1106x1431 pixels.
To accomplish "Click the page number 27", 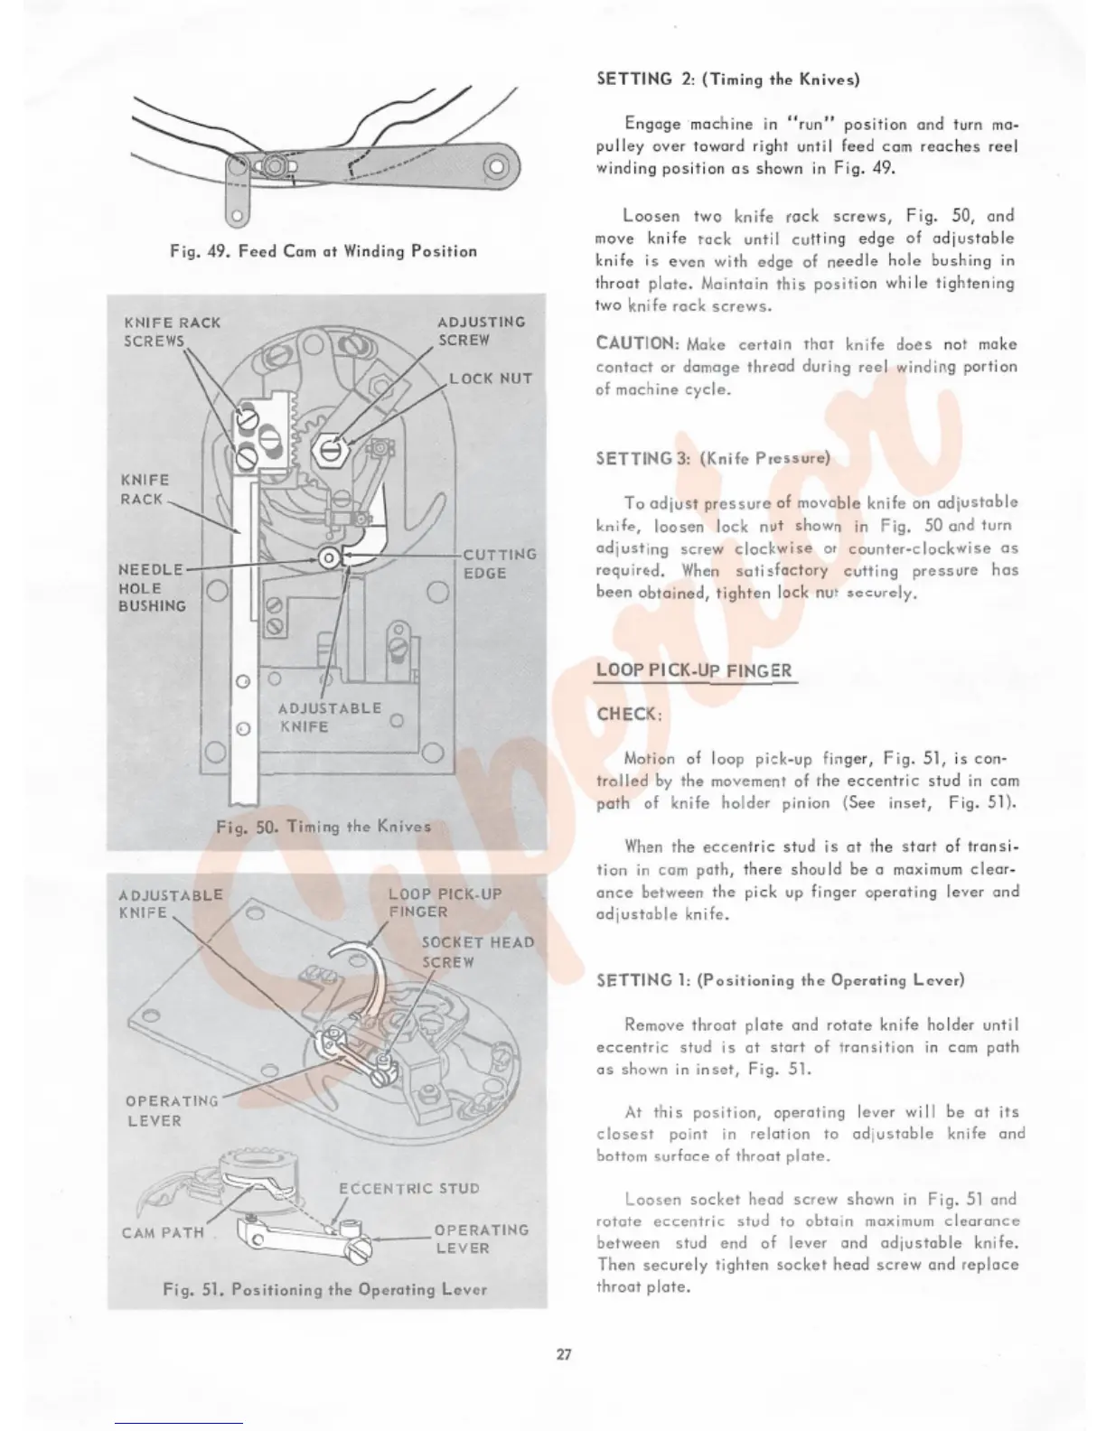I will (564, 1354).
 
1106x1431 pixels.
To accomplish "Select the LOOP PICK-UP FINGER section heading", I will (693, 670).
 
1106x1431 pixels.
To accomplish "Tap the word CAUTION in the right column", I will (636, 343).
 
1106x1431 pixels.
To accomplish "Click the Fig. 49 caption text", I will (323, 251).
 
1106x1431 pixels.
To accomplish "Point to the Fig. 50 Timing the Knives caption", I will (323, 826).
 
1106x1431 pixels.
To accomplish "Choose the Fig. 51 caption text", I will (324, 1289).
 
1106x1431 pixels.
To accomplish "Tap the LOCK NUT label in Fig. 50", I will (490, 379).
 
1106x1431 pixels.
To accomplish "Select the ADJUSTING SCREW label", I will (481, 331).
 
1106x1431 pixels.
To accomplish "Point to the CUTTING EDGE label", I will (499, 564).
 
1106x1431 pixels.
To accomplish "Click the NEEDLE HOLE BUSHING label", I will (152, 587).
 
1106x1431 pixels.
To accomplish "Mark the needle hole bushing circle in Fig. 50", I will (330, 558).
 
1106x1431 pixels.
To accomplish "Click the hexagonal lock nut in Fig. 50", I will (330, 445).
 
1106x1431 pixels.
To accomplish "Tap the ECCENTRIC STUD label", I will (408, 1188).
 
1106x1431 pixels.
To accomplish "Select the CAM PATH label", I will (163, 1232).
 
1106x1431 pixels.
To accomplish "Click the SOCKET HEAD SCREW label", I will (477, 952).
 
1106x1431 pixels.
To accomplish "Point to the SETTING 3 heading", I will (712, 458).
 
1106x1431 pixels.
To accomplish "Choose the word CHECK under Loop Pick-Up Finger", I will (629, 714).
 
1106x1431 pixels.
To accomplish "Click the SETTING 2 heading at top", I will (727, 79).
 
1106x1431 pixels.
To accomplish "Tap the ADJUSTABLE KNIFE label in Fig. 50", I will (329, 716).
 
